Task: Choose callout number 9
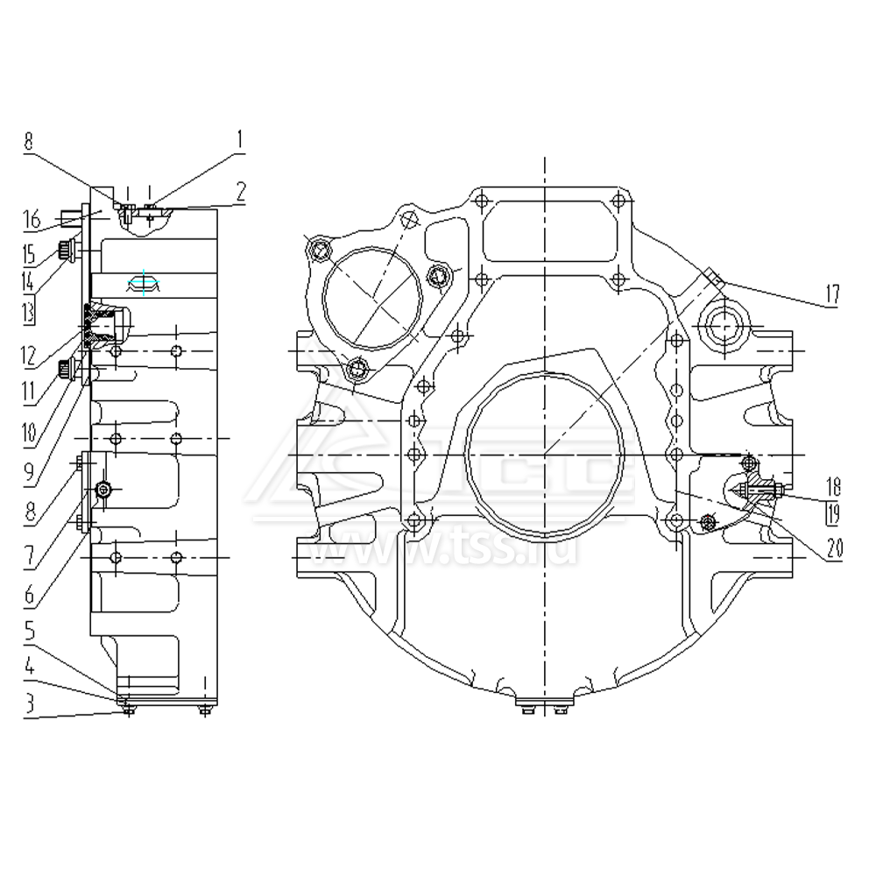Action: point(31,473)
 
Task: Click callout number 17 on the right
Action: point(831,295)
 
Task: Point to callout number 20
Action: point(831,549)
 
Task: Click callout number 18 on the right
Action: point(831,484)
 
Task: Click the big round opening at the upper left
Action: point(369,303)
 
